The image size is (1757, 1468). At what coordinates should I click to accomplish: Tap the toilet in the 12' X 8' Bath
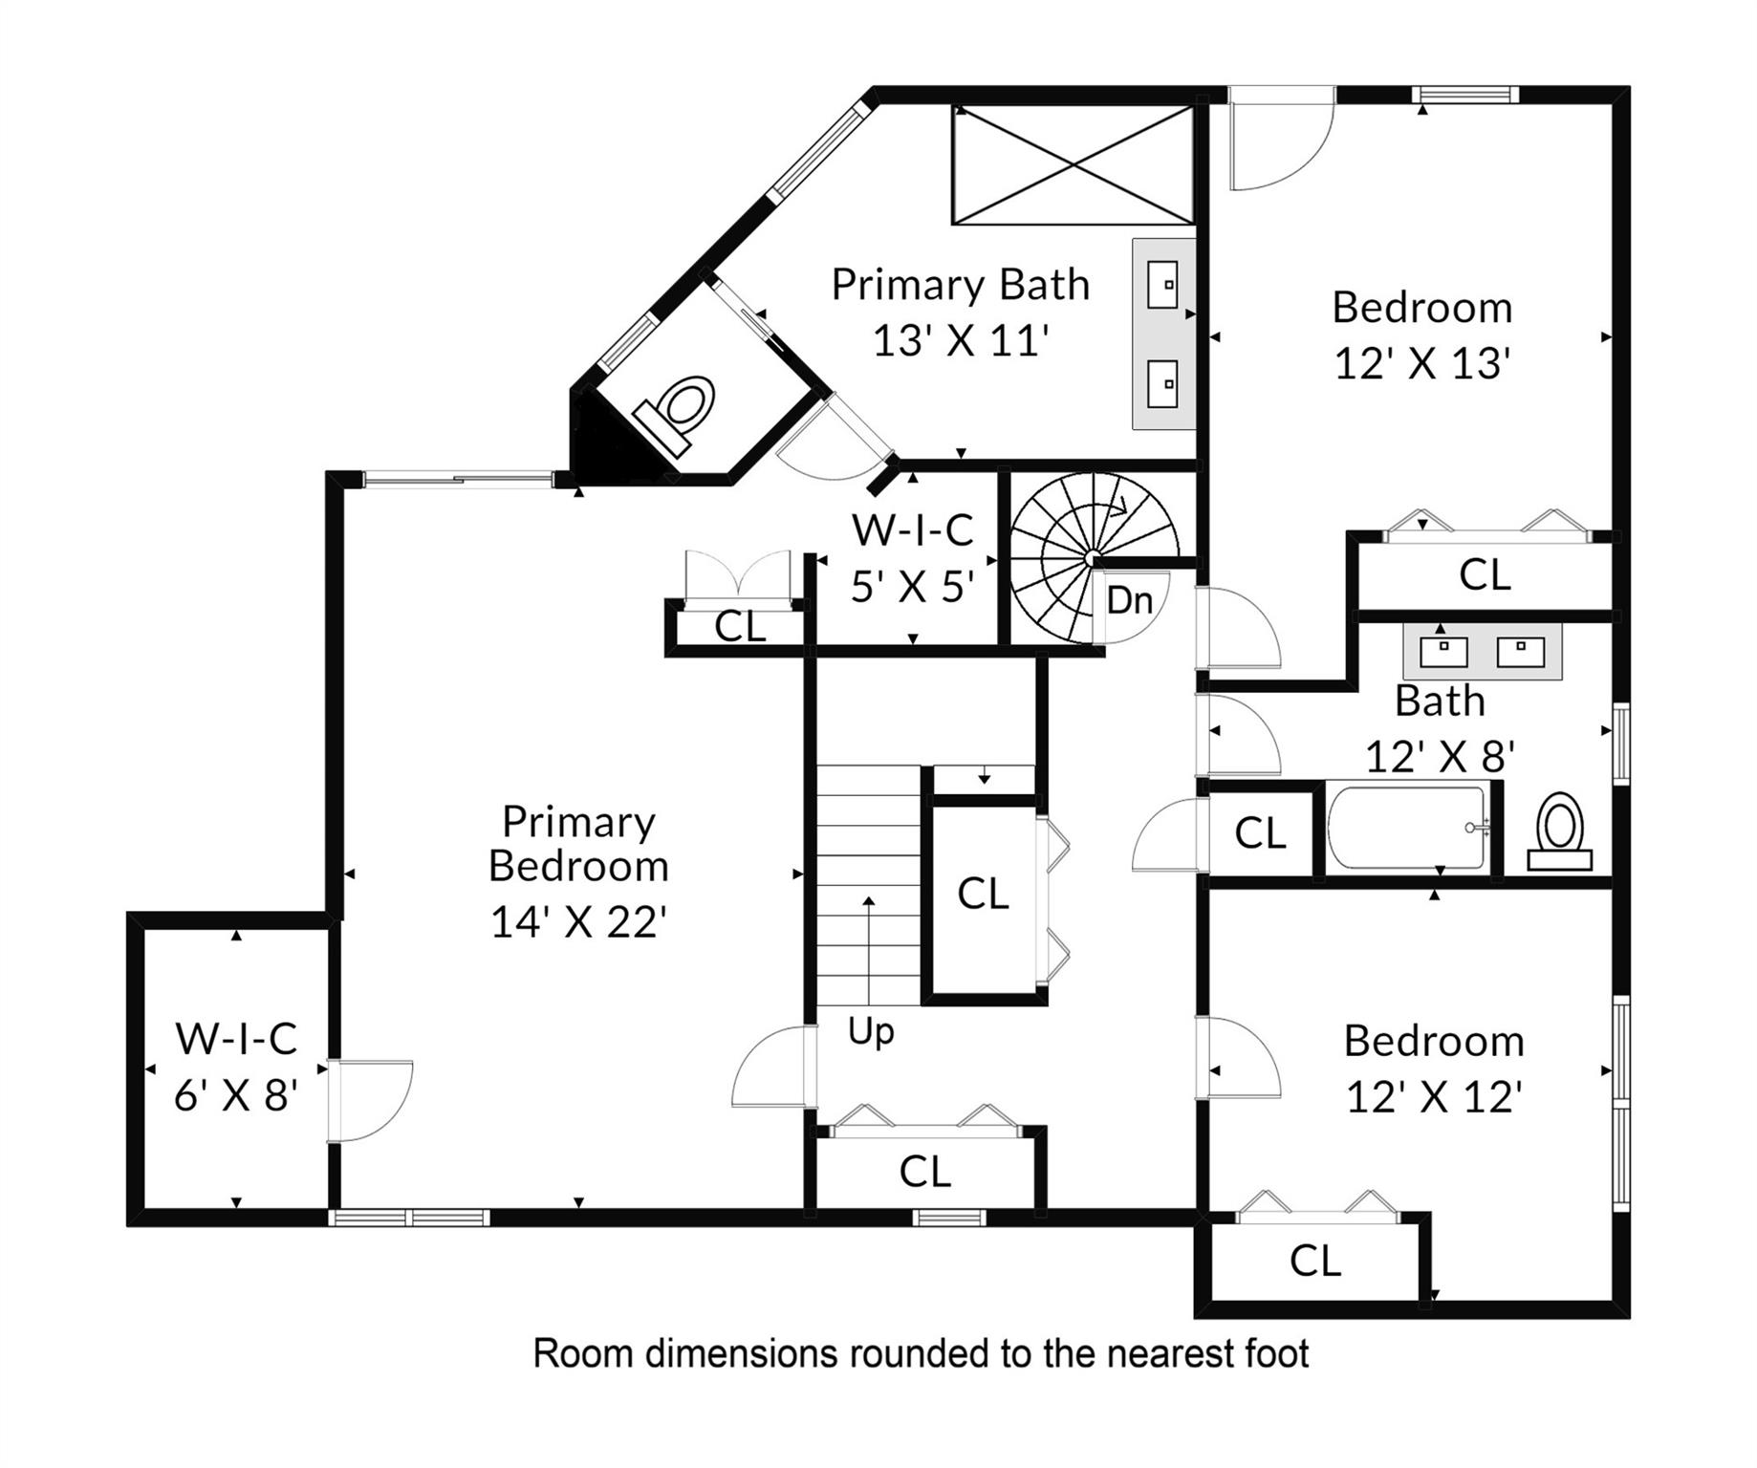tap(1559, 831)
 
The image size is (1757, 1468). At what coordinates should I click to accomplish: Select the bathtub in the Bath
tap(1408, 828)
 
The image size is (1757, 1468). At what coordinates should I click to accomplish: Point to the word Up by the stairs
tap(871, 1032)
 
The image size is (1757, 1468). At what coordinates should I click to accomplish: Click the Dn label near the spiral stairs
tap(1129, 600)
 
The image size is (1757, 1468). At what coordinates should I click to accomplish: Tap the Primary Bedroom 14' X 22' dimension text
tap(578, 922)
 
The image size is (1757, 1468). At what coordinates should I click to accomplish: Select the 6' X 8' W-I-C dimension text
tap(236, 1095)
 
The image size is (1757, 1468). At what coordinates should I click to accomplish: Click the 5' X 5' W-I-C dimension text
tap(913, 586)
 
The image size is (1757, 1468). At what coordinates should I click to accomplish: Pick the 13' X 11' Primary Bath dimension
tap(961, 340)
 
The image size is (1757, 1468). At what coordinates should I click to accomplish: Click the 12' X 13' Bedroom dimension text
tap(1422, 363)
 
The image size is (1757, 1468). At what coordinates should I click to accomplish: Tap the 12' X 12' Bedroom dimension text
tap(1434, 1097)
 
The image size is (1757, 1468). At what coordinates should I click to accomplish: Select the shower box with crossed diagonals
tap(1073, 165)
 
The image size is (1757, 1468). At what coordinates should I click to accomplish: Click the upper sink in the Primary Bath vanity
tap(1163, 284)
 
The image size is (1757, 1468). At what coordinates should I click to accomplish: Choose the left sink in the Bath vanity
tap(1443, 652)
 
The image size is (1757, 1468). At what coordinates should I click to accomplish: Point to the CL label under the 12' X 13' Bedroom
tap(1485, 574)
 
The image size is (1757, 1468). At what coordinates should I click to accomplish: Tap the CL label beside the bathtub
tap(1260, 832)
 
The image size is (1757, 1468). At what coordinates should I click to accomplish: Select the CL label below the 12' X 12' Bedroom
tap(1315, 1261)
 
